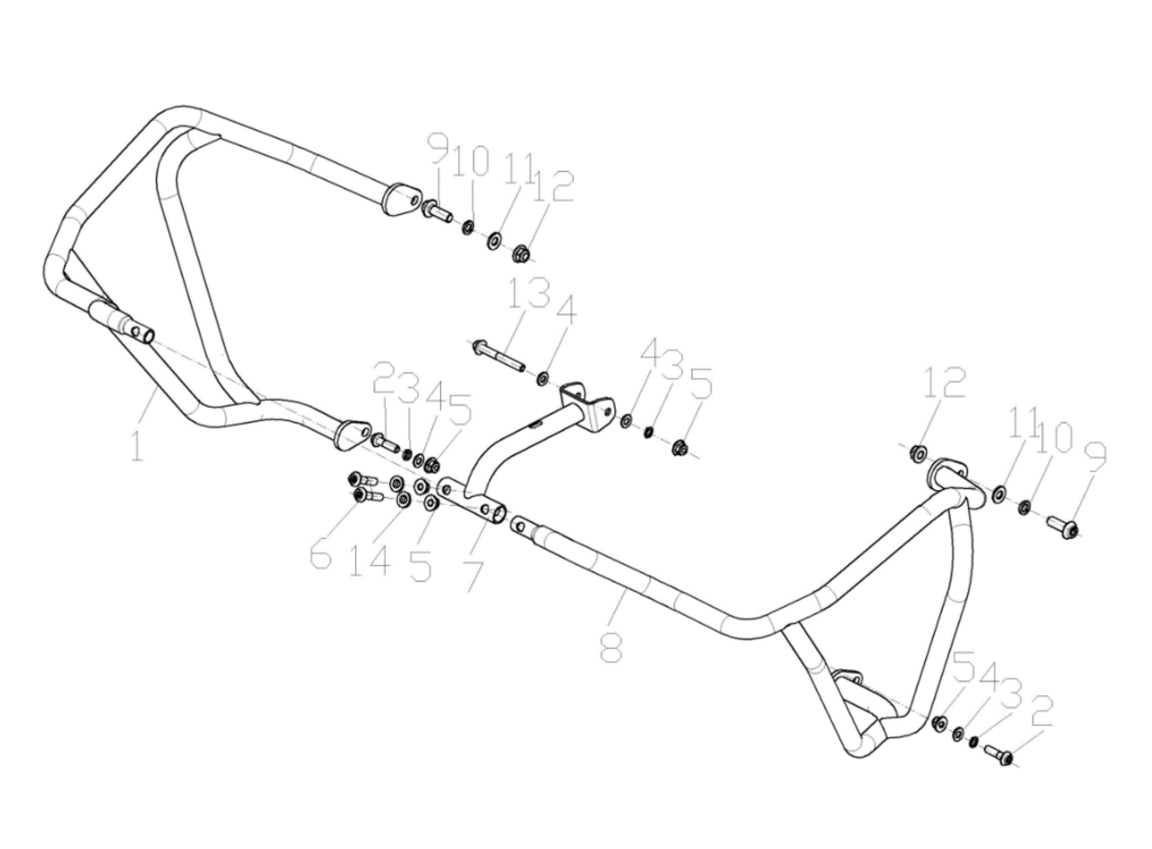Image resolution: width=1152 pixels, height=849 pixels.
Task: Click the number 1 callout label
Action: click(x=137, y=445)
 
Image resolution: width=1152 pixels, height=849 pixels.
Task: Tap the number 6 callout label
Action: click(x=321, y=555)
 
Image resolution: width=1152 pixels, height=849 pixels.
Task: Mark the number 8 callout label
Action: click(x=611, y=646)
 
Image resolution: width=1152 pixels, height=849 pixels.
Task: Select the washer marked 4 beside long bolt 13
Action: click(x=542, y=380)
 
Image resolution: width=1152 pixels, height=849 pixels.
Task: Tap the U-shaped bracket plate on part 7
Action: click(x=586, y=405)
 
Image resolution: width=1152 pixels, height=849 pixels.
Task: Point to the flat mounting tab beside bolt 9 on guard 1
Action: click(x=401, y=198)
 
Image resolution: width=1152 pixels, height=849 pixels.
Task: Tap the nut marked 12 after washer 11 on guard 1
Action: click(x=520, y=253)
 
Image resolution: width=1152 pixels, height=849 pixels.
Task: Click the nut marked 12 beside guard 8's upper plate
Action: click(x=918, y=453)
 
